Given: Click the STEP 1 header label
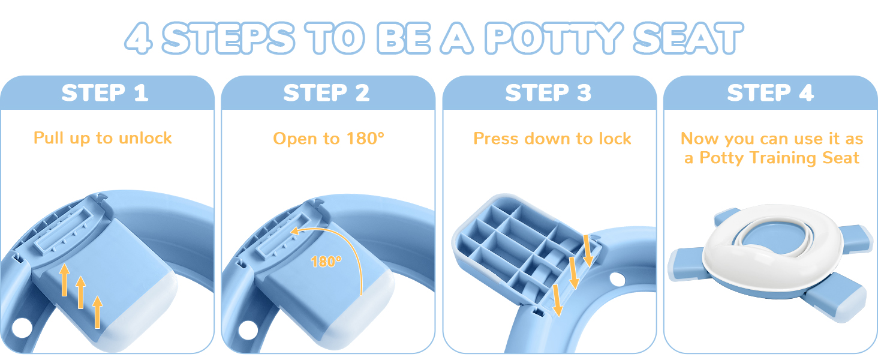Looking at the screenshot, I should coord(105,94).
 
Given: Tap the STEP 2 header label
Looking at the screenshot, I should coord(327,94).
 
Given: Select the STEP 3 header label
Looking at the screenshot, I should coord(548,94).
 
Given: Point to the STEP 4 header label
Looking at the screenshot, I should coord(770,94).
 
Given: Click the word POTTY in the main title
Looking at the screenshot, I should coord(552,38).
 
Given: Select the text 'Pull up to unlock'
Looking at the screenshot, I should coord(103,138).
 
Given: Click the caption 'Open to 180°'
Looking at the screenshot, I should coord(328,139).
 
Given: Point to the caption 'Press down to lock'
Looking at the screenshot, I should coord(552,139).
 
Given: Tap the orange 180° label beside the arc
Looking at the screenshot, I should coord(326,262).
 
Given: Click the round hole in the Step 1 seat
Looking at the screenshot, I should coord(21,328).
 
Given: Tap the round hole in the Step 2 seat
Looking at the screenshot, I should coord(246,330).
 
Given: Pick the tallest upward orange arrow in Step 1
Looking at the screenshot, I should coord(97,311).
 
